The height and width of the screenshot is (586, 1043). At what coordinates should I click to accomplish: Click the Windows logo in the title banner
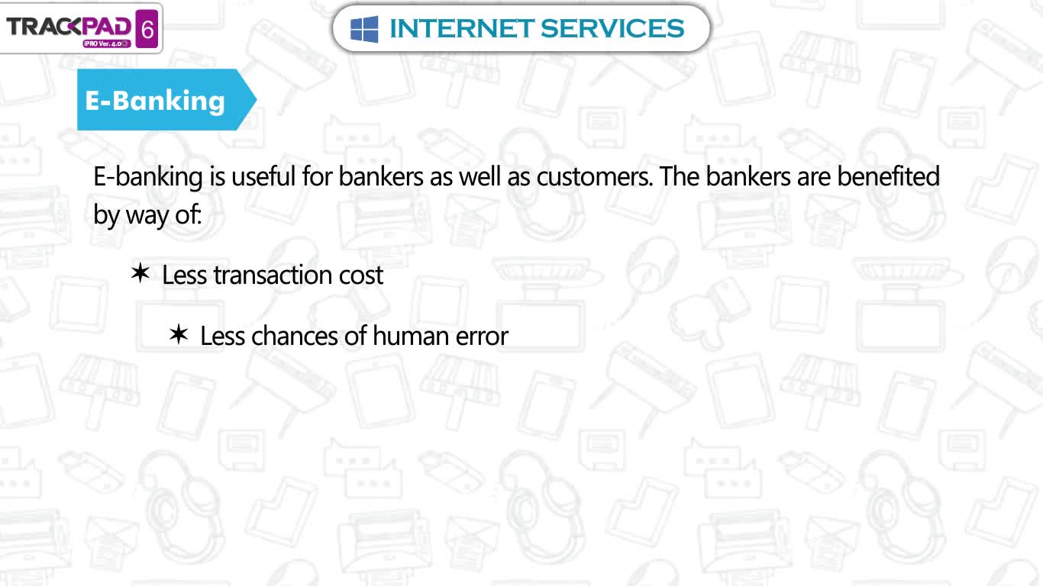(x=364, y=29)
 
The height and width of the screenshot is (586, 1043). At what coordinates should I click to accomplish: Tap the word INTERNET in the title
(x=461, y=28)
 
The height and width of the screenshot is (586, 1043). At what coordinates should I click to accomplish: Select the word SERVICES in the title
(x=612, y=28)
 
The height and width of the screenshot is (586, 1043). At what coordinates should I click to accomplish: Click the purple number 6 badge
(x=147, y=29)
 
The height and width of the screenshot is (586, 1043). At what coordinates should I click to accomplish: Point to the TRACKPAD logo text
(x=69, y=26)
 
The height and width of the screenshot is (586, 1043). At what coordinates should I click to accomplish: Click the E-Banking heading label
(x=154, y=101)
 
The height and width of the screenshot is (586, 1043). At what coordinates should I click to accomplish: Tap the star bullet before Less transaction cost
(x=140, y=272)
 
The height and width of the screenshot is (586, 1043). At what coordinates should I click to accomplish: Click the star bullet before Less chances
(x=179, y=334)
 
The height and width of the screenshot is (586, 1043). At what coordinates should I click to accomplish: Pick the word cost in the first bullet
(x=361, y=275)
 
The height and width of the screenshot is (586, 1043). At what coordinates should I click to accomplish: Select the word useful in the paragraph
(x=263, y=176)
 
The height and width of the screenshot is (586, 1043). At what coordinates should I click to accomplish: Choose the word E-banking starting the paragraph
(x=148, y=178)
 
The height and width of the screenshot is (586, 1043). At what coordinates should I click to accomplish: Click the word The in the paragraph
(x=680, y=176)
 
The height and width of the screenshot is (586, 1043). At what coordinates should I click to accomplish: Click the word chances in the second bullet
(x=294, y=336)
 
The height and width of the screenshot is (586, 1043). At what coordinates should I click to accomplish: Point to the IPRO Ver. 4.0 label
(x=107, y=43)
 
